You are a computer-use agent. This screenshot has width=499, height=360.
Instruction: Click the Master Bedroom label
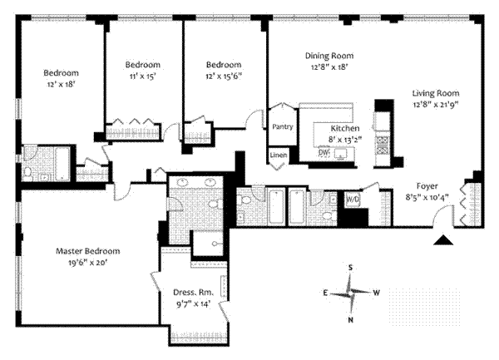tap(88, 251)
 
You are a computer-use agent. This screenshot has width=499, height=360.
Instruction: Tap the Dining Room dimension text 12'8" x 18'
tap(329, 67)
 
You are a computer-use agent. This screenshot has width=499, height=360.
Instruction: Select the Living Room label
tap(436, 93)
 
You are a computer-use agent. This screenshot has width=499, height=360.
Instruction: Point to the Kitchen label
tap(345, 129)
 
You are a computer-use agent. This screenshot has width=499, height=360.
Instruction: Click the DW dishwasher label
tap(324, 152)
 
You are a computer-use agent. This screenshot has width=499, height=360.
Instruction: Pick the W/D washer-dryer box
tap(353, 199)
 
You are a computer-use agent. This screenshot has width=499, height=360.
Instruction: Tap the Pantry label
tap(282, 127)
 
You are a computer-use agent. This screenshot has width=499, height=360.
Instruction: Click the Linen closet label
tap(279, 155)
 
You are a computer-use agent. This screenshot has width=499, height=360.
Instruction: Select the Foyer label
tap(427, 186)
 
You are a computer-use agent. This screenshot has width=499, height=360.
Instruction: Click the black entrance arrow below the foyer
tap(443, 240)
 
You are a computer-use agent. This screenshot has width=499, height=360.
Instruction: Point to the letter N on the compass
tap(350, 320)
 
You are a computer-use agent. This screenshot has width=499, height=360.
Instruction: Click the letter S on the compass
tap(350, 268)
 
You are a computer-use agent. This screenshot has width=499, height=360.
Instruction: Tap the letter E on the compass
tap(325, 293)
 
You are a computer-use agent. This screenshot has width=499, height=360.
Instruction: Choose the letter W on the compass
tap(377, 293)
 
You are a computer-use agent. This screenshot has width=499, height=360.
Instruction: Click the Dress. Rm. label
tap(194, 293)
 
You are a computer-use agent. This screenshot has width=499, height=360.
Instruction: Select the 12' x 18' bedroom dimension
tap(61, 85)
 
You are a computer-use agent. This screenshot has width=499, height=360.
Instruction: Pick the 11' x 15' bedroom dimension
tap(142, 76)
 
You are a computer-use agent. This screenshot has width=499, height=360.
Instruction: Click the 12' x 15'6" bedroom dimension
tap(224, 76)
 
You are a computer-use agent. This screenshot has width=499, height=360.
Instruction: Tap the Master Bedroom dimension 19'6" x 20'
tap(88, 263)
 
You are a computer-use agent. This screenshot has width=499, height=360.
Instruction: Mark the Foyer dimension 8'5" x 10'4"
tap(427, 198)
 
